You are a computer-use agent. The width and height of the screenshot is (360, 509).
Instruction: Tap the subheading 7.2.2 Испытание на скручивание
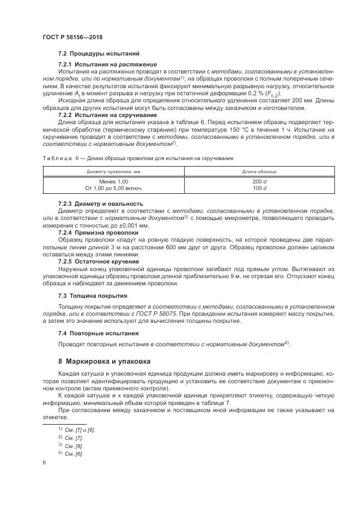[x=100, y=115]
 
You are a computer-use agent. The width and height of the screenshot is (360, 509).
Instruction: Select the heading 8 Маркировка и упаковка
[x=105, y=361]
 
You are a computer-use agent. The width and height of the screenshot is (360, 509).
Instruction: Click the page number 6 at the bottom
[x=44, y=463]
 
